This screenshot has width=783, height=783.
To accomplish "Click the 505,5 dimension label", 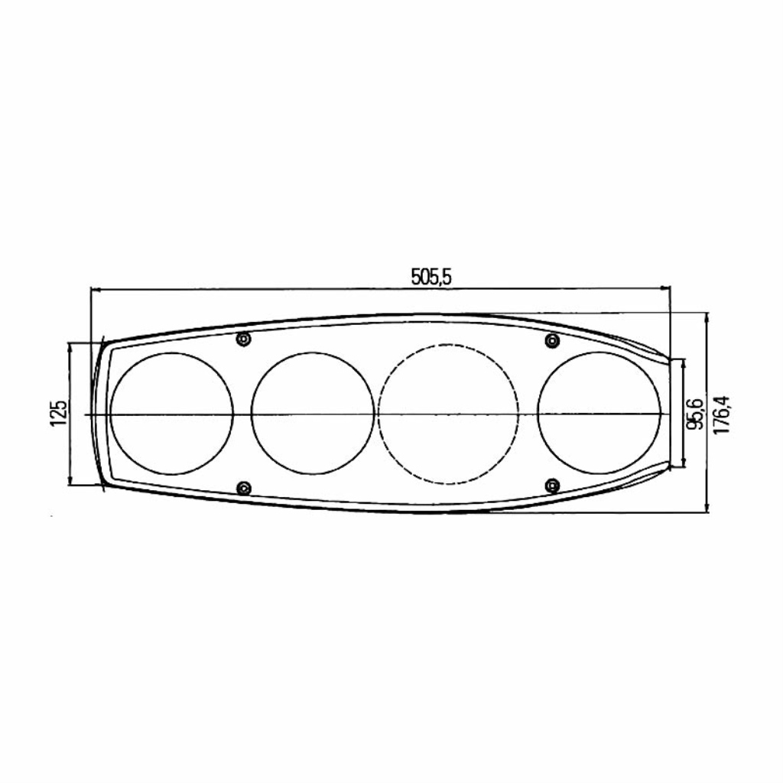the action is pos(431,277).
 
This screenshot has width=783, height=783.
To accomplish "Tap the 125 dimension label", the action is pos(58,412).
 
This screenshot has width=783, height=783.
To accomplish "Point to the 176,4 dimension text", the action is pos(722,414).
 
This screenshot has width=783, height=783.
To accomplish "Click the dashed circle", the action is pos(448,345).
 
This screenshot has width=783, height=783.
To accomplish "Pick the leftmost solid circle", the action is pos(172,353).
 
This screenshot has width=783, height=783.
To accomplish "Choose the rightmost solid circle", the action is pos(599,353).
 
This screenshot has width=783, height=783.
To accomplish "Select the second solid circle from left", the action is pos(313,353).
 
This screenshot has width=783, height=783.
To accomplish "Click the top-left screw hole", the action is pos(243,340).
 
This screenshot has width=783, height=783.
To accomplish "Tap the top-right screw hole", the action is pos(552,340).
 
